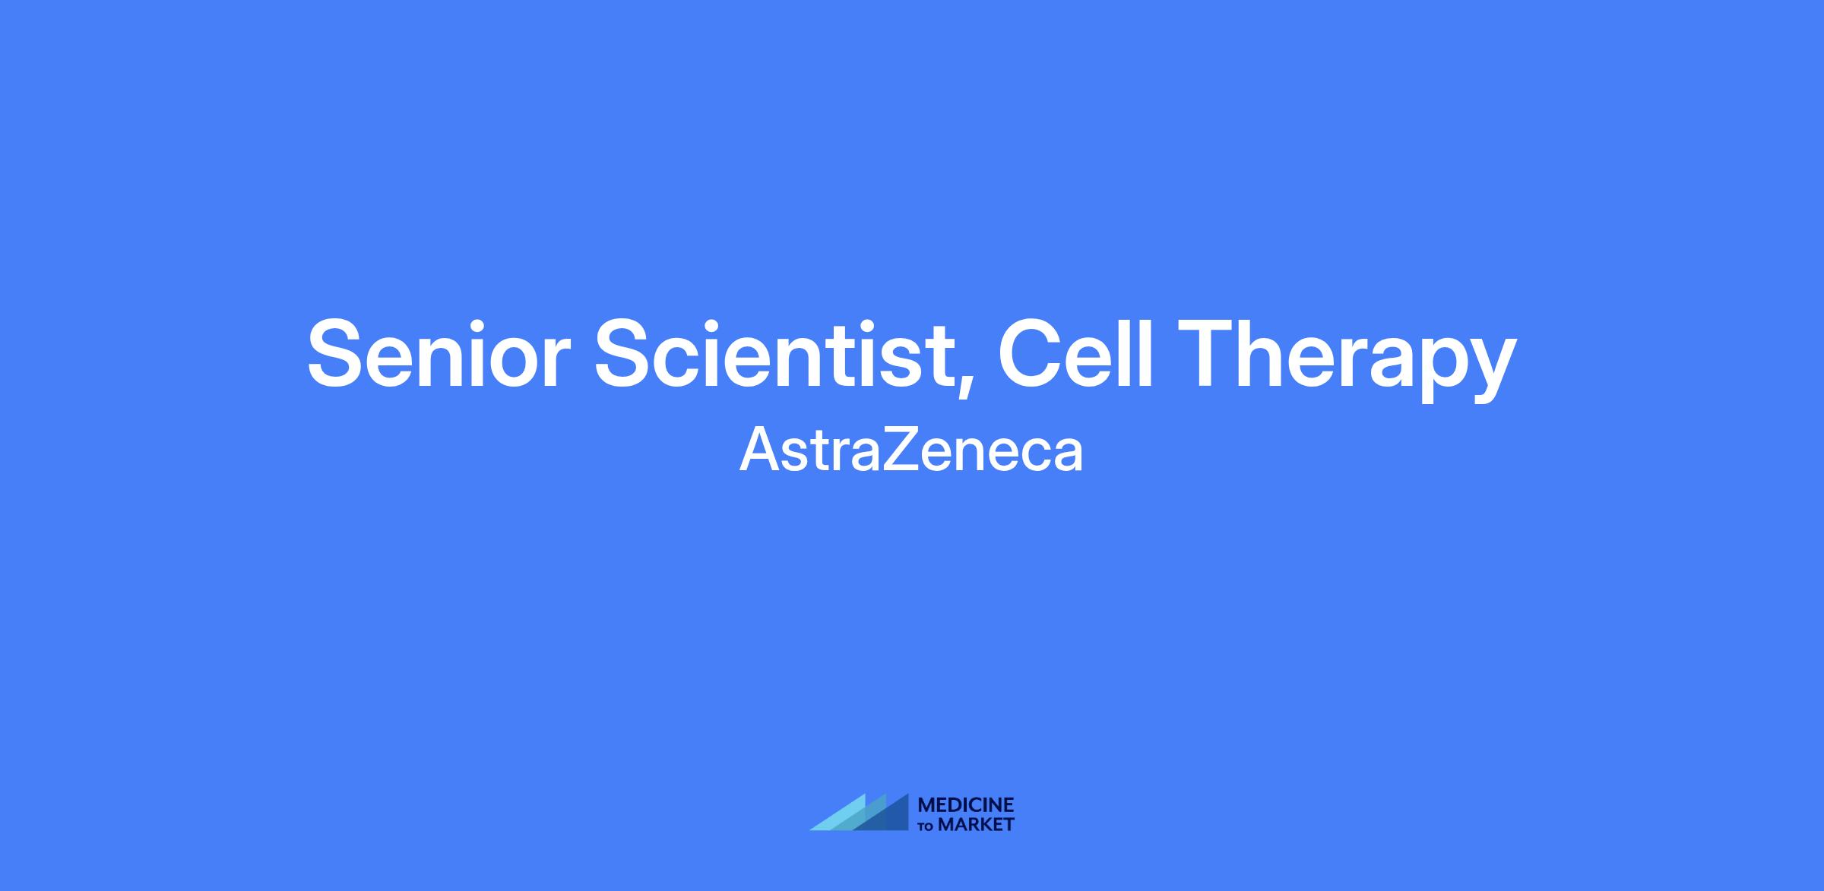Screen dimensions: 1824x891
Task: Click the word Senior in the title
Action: point(439,354)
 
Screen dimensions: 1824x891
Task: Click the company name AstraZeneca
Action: point(911,450)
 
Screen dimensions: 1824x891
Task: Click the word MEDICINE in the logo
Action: point(966,805)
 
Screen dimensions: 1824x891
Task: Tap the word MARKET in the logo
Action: point(976,825)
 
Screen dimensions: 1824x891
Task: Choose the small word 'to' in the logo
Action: point(926,826)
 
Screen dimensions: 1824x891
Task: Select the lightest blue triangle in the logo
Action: point(844,817)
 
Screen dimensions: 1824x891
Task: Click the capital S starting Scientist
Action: point(625,354)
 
